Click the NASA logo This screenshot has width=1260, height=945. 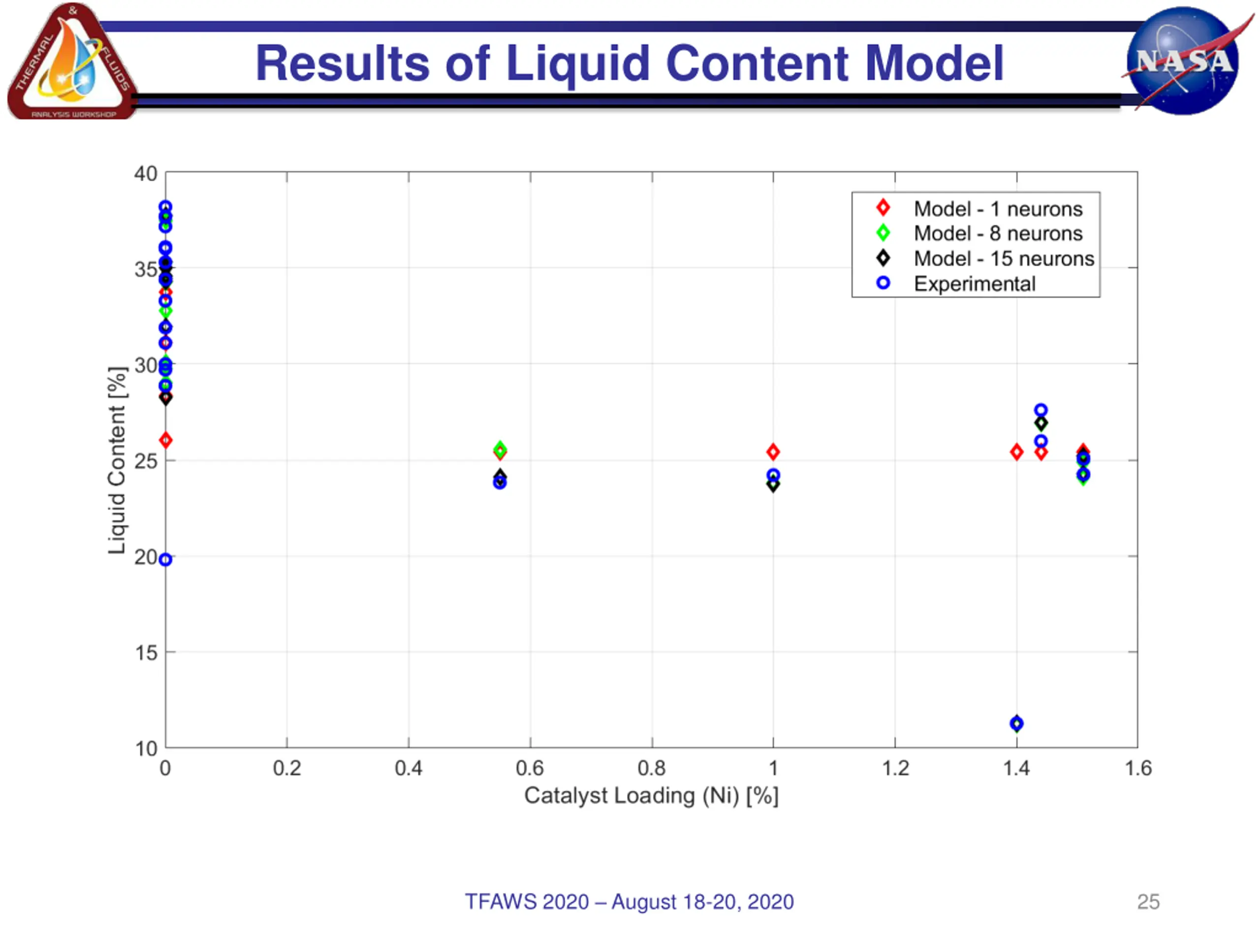pos(1184,61)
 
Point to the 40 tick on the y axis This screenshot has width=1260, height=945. pos(146,174)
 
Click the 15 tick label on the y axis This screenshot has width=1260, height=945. pos(146,653)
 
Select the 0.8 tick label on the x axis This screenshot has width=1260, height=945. pos(651,768)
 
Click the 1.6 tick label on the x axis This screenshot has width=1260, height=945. pos(1137,768)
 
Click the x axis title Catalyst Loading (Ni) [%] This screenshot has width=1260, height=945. pos(651,796)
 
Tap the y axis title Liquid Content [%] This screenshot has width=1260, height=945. pos(117,460)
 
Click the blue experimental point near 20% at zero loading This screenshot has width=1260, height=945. pos(165,560)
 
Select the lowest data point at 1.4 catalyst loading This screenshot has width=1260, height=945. pos(1016,724)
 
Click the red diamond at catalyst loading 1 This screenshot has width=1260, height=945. pos(773,452)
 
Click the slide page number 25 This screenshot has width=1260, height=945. pos(1148,902)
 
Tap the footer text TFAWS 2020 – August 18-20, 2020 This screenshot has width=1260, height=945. pos(629,902)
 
